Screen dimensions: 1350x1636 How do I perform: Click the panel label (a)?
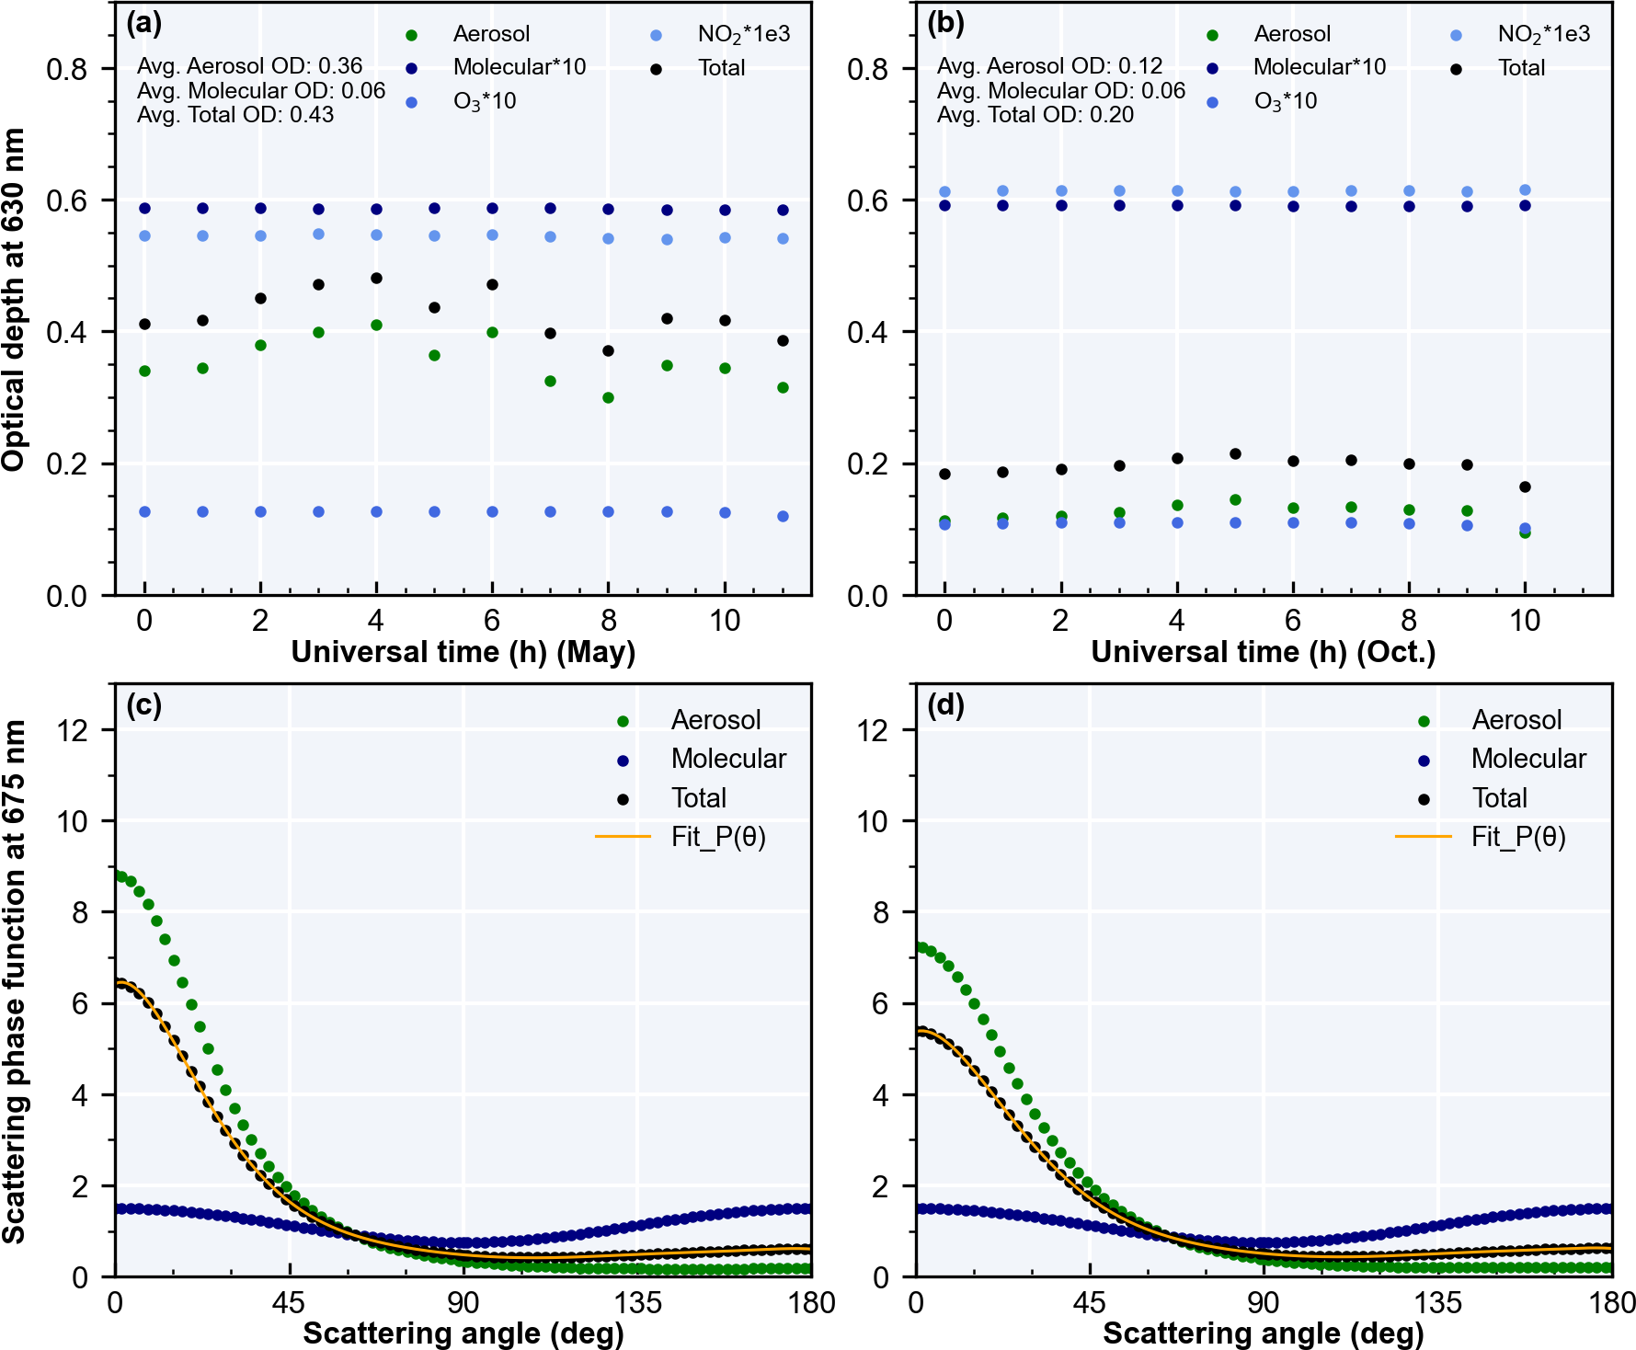point(143,24)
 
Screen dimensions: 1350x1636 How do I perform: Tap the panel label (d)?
point(945,706)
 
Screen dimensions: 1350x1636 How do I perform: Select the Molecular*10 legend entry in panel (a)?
point(519,67)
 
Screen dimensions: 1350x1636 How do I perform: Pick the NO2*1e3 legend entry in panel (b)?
point(1543,35)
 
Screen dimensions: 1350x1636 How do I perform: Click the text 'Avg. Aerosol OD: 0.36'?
point(249,66)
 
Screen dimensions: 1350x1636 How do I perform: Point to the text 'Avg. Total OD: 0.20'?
point(1035,115)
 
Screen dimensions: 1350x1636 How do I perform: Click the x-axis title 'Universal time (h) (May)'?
point(463,652)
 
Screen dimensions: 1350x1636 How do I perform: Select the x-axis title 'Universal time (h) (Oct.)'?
point(1263,652)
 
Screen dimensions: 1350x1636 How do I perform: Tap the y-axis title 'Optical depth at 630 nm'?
point(15,300)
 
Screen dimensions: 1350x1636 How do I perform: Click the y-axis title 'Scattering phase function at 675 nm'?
point(15,982)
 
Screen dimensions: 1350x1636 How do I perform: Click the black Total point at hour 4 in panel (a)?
point(376,279)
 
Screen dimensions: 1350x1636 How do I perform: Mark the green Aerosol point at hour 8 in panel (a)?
point(608,398)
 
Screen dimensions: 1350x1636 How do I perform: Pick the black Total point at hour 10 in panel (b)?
point(1525,487)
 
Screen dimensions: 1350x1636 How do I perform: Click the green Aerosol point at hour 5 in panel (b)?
point(1235,500)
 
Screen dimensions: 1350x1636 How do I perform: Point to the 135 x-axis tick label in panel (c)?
point(637,1303)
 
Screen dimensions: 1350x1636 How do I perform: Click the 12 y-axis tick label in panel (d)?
point(873,730)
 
